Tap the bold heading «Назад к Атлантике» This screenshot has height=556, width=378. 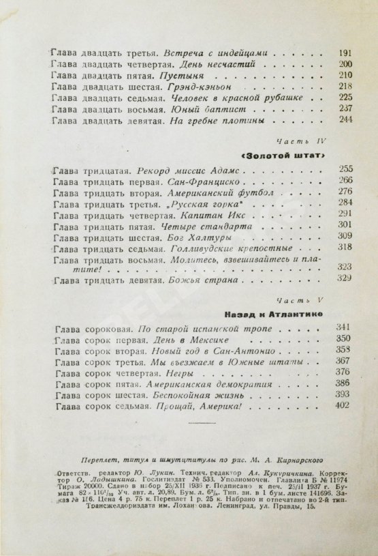[x=283, y=315]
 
